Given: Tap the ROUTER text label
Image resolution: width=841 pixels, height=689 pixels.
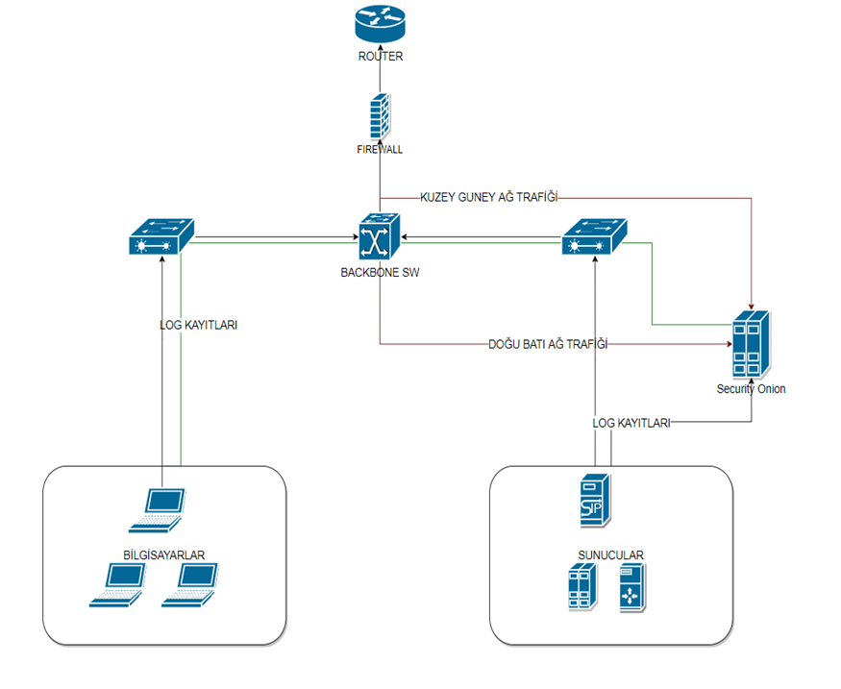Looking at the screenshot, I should point(380,57).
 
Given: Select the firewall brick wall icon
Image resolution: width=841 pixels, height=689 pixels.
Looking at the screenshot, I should point(380,117).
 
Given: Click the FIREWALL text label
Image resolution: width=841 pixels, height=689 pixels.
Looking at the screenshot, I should point(380,150).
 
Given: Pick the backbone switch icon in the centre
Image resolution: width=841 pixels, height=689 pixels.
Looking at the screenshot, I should point(380,236).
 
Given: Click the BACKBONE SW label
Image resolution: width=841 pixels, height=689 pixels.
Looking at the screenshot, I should point(380,272).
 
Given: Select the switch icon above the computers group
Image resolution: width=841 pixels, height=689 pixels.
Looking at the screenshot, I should point(161,236).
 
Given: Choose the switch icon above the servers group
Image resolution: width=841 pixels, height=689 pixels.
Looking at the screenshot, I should point(594,236).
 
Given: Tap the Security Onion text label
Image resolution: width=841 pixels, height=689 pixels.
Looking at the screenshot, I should point(750,389).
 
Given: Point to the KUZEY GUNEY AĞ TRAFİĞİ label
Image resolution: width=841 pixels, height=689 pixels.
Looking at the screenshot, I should point(488,197).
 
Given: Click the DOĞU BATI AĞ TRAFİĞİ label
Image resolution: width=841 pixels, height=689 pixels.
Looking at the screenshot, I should point(548,344).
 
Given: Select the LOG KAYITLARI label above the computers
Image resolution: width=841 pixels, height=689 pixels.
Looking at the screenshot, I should point(198,325).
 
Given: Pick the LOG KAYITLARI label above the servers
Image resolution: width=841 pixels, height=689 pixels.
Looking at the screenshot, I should point(631,422).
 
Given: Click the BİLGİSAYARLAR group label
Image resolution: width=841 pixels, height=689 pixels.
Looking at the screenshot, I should point(164,554).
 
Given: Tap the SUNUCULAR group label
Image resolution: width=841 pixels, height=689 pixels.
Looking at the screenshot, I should point(610,555).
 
